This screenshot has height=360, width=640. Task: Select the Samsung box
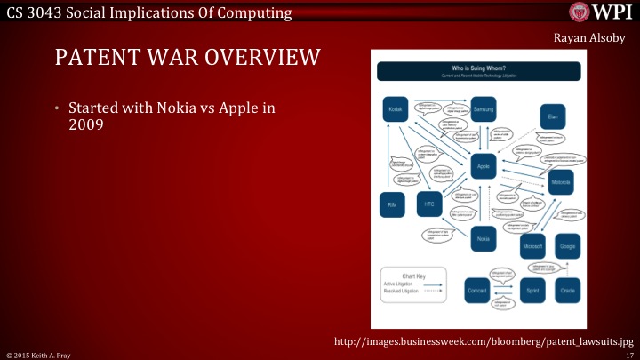[x=483, y=109]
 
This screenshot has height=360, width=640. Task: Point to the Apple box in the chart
[x=483, y=166]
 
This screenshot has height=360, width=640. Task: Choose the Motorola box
[x=561, y=182]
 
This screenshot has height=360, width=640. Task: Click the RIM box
[x=392, y=204]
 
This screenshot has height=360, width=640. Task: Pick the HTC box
[x=429, y=204]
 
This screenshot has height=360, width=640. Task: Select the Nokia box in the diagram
[x=483, y=238]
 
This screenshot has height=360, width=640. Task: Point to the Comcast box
[x=476, y=291]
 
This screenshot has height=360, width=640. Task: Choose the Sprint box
[x=532, y=291]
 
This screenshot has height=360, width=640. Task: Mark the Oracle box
[x=567, y=291]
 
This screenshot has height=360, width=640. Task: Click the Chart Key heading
[x=411, y=276]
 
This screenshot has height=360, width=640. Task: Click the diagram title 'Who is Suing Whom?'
[x=480, y=68]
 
